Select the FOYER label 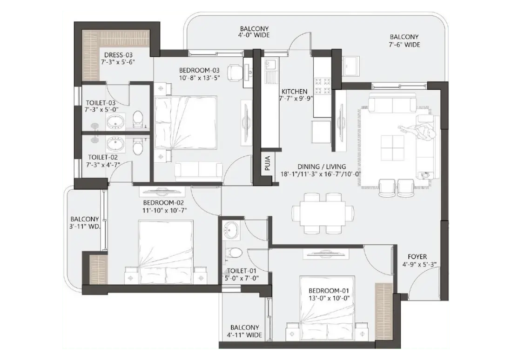click(417, 256)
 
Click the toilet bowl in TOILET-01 click(234, 253)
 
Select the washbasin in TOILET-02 click(115, 142)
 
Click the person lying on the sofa click(421, 131)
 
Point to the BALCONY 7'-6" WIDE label click(404, 40)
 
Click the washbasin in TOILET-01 click(231, 229)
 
